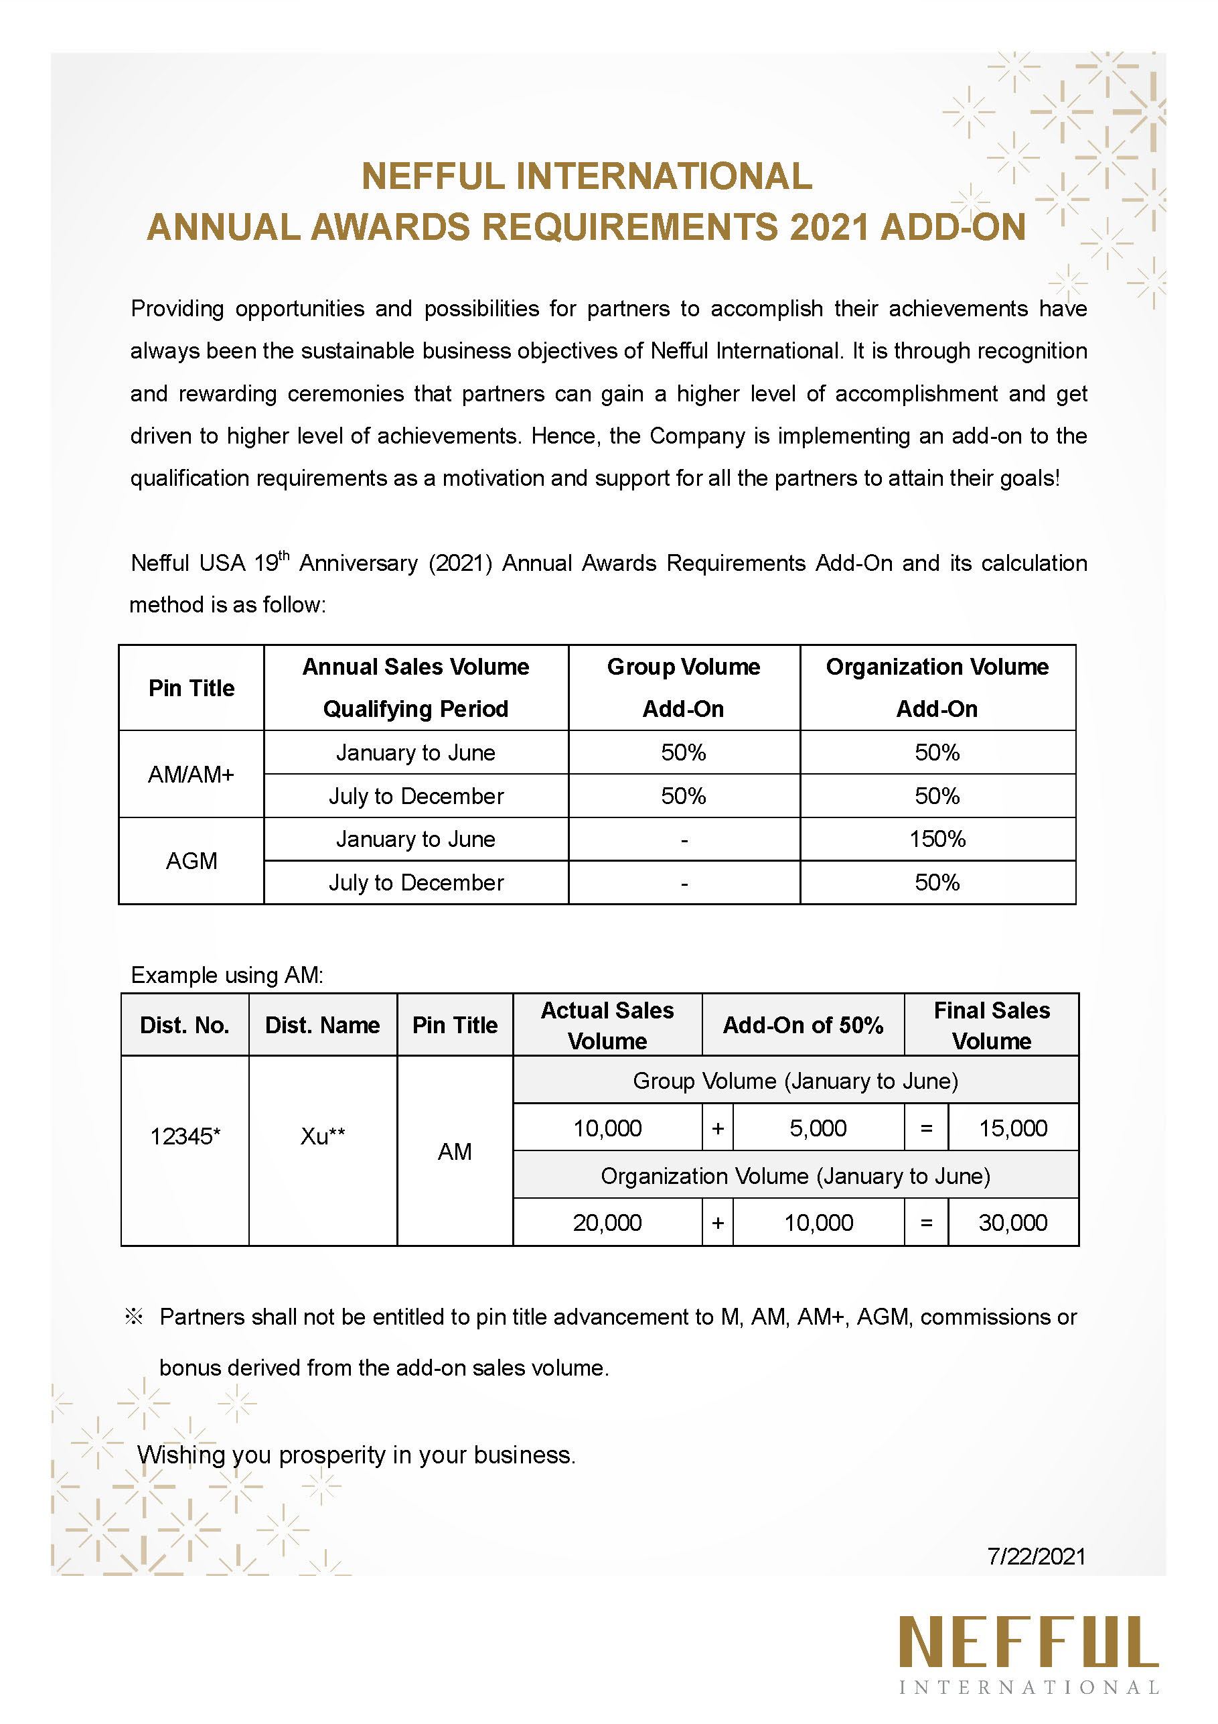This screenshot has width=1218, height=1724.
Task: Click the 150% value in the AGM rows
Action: [x=937, y=839]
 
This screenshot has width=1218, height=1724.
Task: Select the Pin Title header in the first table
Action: [x=192, y=688]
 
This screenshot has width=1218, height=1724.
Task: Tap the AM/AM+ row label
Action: [x=192, y=774]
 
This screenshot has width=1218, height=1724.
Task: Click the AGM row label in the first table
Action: [x=192, y=860]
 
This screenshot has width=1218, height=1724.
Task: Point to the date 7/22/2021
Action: [x=1036, y=1556]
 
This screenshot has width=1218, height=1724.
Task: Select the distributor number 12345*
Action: [x=185, y=1136]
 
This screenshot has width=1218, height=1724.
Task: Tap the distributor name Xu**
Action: [x=323, y=1136]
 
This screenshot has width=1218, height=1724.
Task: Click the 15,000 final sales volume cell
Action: [x=1012, y=1128]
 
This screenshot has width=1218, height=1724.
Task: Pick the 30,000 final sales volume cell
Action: [x=1012, y=1222]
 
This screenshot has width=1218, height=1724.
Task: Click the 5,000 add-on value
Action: [x=818, y=1128]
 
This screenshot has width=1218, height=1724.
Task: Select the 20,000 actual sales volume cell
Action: [x=607, y=1222]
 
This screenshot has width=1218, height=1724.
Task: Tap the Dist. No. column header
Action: [x=185, y=1025]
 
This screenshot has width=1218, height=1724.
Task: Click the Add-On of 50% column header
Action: [x=802, y=1025]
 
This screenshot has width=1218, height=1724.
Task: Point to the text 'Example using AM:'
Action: [x=226, y=975]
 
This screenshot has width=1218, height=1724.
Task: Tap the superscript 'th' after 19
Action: [x=284, y=555]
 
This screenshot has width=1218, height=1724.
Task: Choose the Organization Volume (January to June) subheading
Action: [x=795, y=1176]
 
